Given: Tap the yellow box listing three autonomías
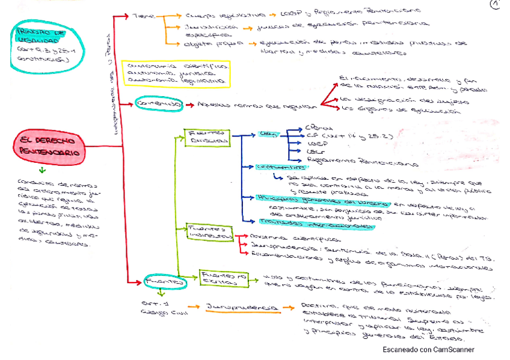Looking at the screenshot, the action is click(174, 72).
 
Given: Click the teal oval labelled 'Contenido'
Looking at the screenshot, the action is click(158, 104).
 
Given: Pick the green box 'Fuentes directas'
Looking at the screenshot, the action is click(207, 137).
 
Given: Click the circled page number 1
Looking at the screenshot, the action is click(496, 5).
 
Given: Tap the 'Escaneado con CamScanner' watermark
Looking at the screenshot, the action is click(428, 349).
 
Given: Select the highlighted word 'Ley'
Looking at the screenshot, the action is click(266, 135).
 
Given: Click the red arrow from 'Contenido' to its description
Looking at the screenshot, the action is click(189, 105).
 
